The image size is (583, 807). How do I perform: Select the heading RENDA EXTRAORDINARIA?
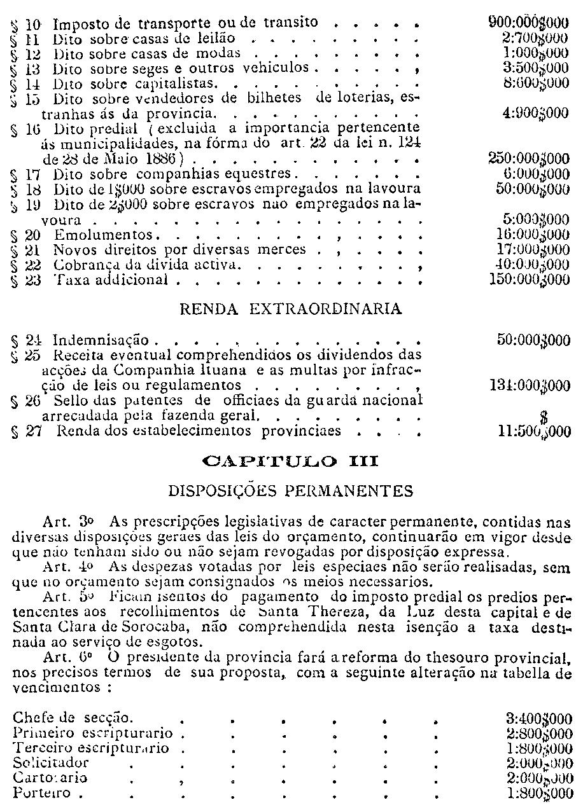(x=291, y=310)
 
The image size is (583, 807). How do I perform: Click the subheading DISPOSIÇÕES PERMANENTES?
(x=291, y=491)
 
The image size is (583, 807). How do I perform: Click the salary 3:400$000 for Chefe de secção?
(x=538, y=719)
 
